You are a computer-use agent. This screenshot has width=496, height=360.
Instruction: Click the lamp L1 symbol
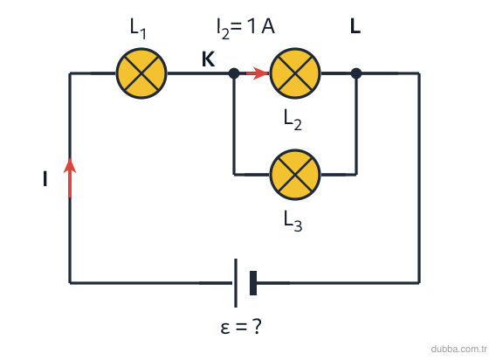141,73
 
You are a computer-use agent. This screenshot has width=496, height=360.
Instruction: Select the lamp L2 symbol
295,73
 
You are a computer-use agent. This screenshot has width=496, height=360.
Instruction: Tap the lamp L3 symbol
295,175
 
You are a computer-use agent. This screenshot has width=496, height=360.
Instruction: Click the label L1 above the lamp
138,29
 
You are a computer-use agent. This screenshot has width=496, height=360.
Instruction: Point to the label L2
293,120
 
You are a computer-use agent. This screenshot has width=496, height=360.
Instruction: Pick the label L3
293,221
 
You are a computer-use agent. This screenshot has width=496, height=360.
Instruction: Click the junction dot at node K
234,73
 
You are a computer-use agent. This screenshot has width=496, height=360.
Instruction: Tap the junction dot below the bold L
356,73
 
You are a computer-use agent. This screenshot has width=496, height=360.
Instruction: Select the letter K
208,59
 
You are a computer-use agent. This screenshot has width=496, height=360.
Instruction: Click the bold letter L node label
355,26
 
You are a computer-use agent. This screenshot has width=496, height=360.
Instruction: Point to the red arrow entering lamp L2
258,73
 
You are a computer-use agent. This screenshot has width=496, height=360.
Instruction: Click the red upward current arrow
70,177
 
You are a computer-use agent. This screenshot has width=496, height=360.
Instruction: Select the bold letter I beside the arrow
45,178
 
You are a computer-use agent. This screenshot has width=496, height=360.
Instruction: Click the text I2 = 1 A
245,29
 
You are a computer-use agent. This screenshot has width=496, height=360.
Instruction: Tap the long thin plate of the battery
236,283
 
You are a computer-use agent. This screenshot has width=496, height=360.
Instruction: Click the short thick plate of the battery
253,283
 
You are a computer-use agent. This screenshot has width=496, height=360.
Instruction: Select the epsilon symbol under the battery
225,328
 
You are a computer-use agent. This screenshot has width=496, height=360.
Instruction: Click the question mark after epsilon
258,326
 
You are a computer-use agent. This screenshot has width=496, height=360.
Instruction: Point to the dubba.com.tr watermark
459,349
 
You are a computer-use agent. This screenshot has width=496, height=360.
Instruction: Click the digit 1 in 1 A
251,26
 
